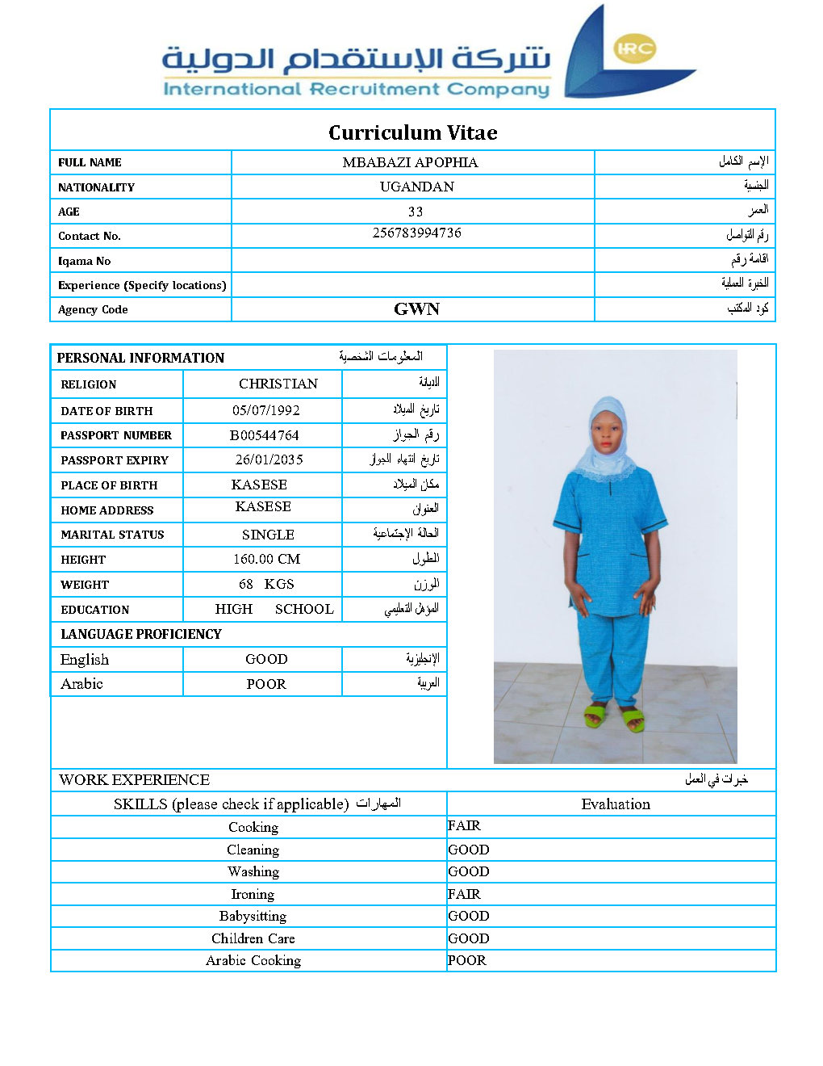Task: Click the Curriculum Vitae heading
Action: click(412, 132)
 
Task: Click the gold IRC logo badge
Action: click(635, 48)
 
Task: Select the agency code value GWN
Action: click(416, 309)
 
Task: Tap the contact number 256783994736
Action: click(416, 233)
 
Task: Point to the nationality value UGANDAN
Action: click(416, 187)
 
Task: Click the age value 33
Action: click(416, 212)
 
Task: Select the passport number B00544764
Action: click(264, 435)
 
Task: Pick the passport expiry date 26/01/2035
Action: click(269, 460)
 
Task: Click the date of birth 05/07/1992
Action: click(265, 410)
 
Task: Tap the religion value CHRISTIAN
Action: click(278, 384)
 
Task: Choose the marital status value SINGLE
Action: click(268, 535)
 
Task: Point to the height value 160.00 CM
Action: click(266, 559)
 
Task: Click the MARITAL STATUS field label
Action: click(112, 535)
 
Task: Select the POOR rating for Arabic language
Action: click(265, 684)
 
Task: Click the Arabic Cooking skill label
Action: click(253, 960)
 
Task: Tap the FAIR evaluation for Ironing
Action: click(464, 894)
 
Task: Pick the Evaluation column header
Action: click(615, 804)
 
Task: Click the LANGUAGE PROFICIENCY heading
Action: click(140, 634)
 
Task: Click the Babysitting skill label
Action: click(253, 916)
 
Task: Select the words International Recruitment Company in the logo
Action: click(356, 89)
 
